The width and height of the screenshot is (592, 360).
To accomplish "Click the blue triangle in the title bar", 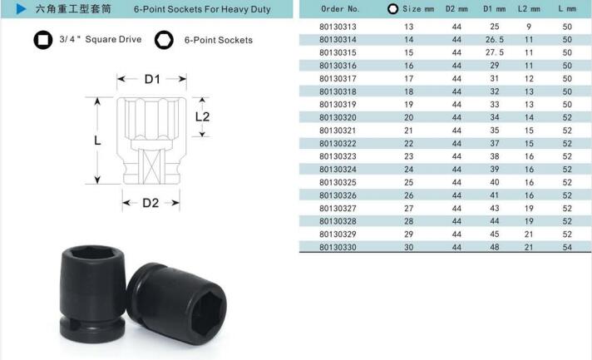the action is coord(21,8).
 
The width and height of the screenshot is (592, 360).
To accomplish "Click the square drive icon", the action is coord(43,40).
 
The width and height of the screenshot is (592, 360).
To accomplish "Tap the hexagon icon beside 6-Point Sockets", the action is coord(164,40).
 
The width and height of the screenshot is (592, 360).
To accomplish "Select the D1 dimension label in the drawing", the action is coord(152,79).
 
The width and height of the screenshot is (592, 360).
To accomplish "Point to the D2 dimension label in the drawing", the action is coord(150,203).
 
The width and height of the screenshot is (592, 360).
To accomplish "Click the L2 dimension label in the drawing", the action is coord(202,116).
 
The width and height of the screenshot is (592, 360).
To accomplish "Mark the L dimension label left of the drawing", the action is coord(97,141).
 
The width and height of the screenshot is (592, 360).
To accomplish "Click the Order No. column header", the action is coord(340,8).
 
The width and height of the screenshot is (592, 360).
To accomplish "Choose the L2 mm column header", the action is coord(529,8).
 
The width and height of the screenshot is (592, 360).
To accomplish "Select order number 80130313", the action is coord(338,27).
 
